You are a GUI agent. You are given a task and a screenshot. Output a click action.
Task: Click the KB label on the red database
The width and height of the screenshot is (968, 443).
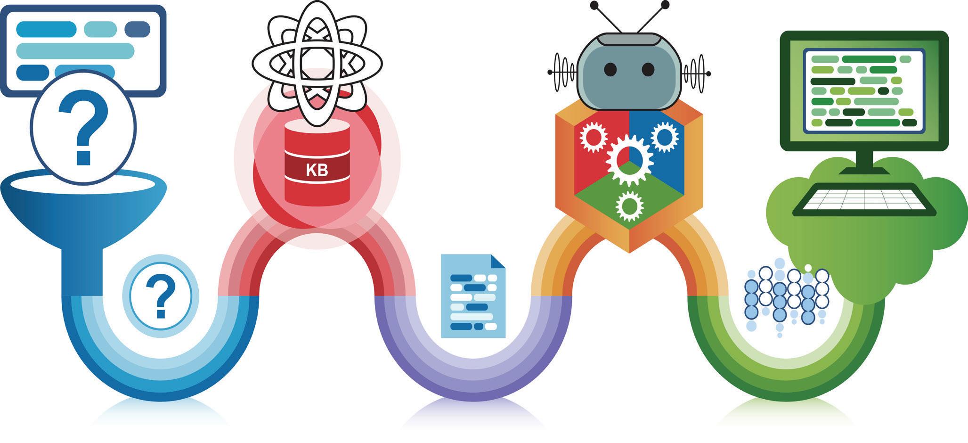317,170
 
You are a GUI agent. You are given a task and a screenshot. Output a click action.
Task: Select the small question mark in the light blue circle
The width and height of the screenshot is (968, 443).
160,296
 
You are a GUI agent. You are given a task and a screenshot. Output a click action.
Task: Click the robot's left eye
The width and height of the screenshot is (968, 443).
610,69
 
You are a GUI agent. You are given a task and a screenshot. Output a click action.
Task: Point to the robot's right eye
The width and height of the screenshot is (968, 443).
648,69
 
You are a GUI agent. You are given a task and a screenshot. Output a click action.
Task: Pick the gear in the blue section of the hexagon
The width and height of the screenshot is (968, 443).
664,137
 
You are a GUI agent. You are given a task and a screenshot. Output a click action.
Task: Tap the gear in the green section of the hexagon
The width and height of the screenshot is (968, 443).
629,205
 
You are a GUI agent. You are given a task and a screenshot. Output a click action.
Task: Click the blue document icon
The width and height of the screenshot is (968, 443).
473,297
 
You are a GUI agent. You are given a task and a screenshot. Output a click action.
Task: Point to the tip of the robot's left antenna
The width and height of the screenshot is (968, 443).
594,6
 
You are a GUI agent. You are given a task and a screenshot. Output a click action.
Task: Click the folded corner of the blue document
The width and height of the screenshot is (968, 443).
497,261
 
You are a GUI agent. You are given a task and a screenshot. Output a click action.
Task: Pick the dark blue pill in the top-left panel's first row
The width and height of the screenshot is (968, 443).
137,29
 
